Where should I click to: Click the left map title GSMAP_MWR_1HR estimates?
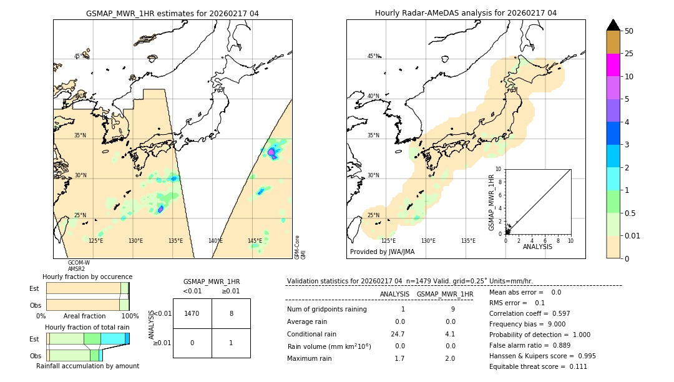tap(172, 13)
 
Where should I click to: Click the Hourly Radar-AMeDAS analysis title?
tap(466, 13)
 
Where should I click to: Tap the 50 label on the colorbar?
tap(629, 31)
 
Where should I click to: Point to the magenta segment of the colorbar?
tap(613, 65)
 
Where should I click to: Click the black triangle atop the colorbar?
tap(613, 25)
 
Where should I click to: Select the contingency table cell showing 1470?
tap(192, 313)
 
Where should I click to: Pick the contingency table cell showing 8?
tap(231, 313)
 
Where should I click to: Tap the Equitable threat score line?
tap(538, 366)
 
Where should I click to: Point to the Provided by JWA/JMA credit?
tap(382, 252)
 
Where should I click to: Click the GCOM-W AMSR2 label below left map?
tap(79, 265)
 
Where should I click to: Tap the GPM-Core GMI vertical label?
tap(300, 247)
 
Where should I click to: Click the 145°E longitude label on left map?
tap(255, 241)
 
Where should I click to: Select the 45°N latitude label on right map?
tap(373, 56)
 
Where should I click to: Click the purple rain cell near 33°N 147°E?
tap(271, 152)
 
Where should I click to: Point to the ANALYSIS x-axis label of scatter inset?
tap(537, 247)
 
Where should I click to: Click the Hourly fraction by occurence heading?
tap(87, 277)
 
